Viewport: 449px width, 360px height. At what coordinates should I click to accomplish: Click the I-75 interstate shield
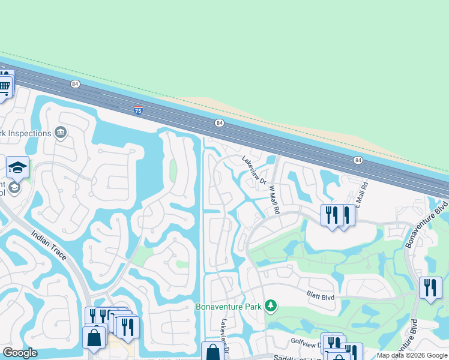[x=138, y=110]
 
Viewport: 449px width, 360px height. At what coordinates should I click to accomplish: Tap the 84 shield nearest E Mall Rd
[x=358, y=160]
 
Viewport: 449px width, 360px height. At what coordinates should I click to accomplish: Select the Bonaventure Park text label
[x=229, y=307]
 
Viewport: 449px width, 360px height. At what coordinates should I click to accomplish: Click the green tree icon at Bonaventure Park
[x=271, y=306]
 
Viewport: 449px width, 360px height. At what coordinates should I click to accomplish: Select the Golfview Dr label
[x=305, y=344]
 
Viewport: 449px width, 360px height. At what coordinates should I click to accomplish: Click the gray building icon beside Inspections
[x=60, y=132]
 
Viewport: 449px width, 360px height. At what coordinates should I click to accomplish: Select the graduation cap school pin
[x=17, y=167]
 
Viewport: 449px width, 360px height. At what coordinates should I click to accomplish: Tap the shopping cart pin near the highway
[x=5, y=86]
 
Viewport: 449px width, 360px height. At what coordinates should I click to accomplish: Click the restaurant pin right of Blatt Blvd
[x=429, y=288]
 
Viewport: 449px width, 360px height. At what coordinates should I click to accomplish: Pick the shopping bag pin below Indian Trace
[x=94, y=337]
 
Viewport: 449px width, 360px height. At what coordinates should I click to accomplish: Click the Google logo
[x=20, y=353]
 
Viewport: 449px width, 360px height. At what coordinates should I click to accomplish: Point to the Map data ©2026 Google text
[x=412, y=355]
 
